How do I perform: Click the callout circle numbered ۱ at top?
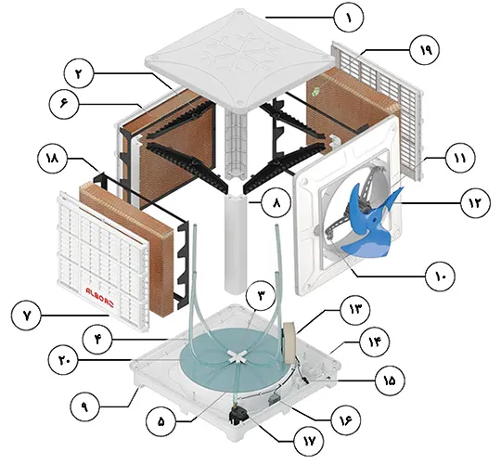tap(349, 18)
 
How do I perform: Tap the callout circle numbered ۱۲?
tap(475, 202)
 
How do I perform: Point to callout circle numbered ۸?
tap(276, 202)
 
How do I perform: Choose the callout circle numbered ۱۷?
tap(309, 442)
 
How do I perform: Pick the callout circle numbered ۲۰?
tap(63, 360)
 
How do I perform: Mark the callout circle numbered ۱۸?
tap(52, 159)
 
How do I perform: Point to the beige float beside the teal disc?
tap(289, 342)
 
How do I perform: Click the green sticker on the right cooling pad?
tap(315, 92)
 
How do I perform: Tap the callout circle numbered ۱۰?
tap(441, 277)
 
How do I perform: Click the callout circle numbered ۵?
tap(161, 421)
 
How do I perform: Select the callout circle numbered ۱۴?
tap(375, 342)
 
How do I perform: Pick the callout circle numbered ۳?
tap(261, 296)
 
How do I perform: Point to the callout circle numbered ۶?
tap(64, 105)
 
